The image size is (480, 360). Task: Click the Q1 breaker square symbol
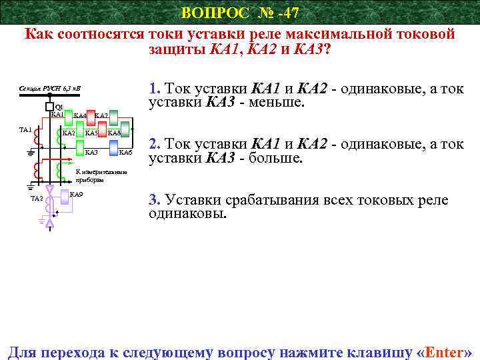pos(50,107)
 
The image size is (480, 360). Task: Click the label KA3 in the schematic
pos(92,153)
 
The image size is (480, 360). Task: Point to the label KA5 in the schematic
pos(91,133)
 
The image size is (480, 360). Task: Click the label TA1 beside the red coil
pos(25,129)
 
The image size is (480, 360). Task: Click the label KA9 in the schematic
pos(76,194)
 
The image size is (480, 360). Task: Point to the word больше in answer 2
pos(273,159)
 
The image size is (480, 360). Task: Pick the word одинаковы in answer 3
pos(187,215)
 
